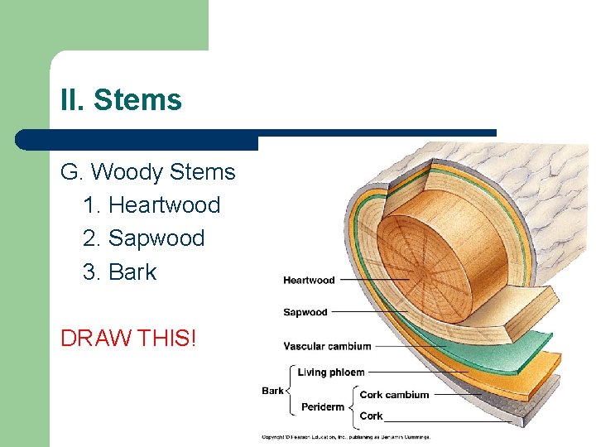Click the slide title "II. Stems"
pyautogui.click(x=121, y=100)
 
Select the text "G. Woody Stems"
pyautogui.click(x=147, y=172)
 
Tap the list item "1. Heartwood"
pyautogui.click(x=151, y=205)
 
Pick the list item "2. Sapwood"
pyautogui.click(x=143, y=238)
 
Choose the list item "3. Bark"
pyautogui.click(x=119, y=272)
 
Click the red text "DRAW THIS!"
pyautogui.click(x=128, y=338)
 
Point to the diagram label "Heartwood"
pyautogui.click(x=309, y=281)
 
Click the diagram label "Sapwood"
pyautogui.click(x=305, y=313)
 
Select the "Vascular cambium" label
pyautogui.click(x=327, y=346)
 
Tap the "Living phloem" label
pyautogui.click(x=331, y=372)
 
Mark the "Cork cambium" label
pyautogui.click(x=394, y=395)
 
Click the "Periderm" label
pyautogui.click(x=323, y=406)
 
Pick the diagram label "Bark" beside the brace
pyautogui.click(x=272, y=391)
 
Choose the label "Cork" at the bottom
pyautogui.click(x=371, y=416)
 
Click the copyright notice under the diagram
pyautogui.click(x=346, y=437)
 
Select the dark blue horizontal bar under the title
pyautogui.click(x=257, y=138)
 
